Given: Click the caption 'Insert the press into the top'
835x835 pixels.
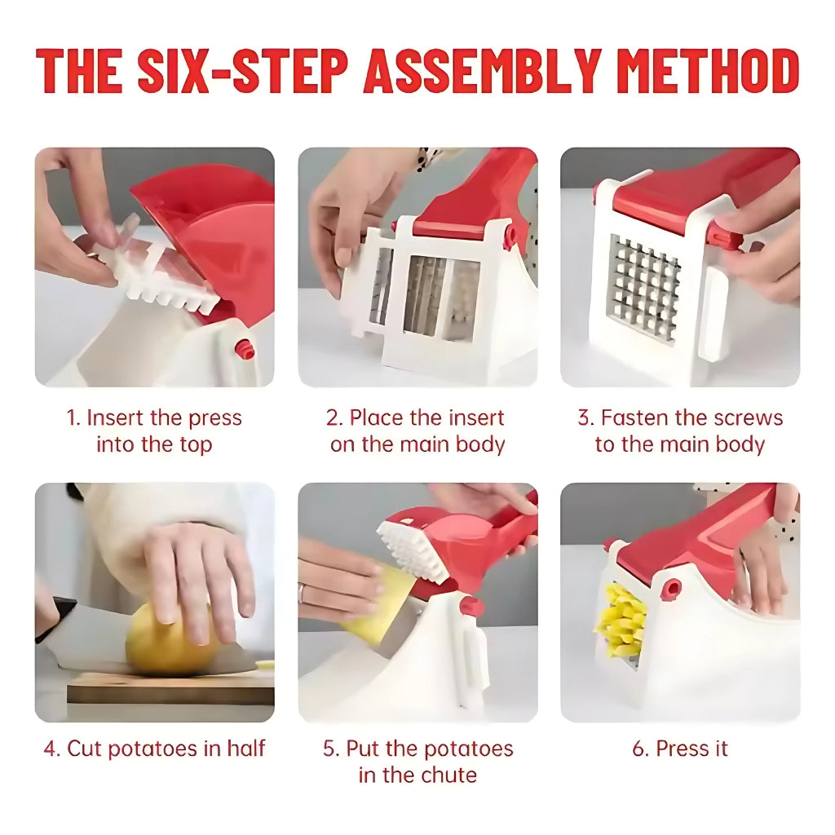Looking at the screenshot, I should (x=154, y=431).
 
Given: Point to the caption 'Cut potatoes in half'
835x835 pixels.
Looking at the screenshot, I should (x=154, y=749).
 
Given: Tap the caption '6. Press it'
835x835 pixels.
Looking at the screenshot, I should (x=680, y=749).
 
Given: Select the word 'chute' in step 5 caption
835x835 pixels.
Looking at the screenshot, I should (x=448, y=775).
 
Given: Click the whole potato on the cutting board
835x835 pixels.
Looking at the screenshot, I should (x=167, y=640).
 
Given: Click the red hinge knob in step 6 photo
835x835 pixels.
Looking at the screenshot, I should (x=671, y=588).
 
